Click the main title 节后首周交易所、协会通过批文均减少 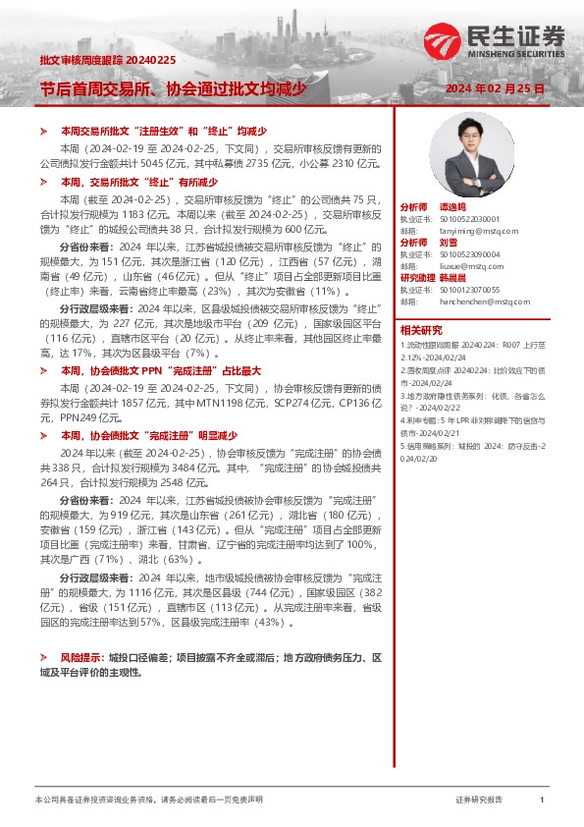click(172, 89)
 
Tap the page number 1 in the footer click(542, 800)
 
